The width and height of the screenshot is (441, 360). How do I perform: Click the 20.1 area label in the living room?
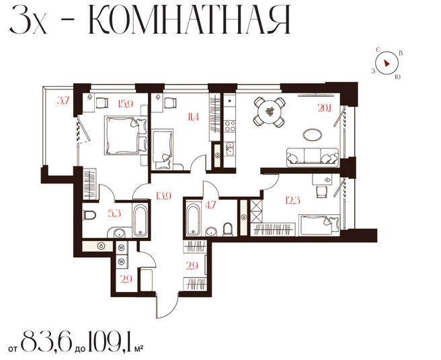click(x=325, y=107)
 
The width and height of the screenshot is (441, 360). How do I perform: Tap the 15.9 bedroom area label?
click(x=126, y=105)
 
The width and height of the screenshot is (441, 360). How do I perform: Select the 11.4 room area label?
click(x=193, y=117)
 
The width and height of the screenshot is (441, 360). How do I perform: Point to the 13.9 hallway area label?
click(x=163, y=195)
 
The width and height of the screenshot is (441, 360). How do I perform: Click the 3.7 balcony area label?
click(x=63, y=101)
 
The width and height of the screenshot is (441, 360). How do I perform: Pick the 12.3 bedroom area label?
click(x=293, y=200)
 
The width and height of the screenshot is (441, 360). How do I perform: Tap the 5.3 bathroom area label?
click(x=114, y=214)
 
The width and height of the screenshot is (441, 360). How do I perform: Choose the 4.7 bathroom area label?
click(x=210, y=205)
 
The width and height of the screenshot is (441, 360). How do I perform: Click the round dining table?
click(x=270, y=111)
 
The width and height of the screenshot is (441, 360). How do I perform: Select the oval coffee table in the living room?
click(x=312, y=134)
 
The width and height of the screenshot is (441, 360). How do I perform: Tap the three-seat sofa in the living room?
click(x=312, y=157)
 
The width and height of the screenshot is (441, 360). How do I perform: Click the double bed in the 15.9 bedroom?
click(x=126, y=135)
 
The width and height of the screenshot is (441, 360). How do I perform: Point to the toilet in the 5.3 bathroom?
click(x=89, y=216)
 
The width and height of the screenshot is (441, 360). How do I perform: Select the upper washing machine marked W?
click(x=122, y=248)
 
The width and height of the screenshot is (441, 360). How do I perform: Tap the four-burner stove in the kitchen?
click(x=229, y=126)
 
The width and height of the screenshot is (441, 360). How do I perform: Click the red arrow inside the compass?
click(x=387, y=63)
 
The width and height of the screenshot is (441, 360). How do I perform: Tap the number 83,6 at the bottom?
click(x=46, y=341)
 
